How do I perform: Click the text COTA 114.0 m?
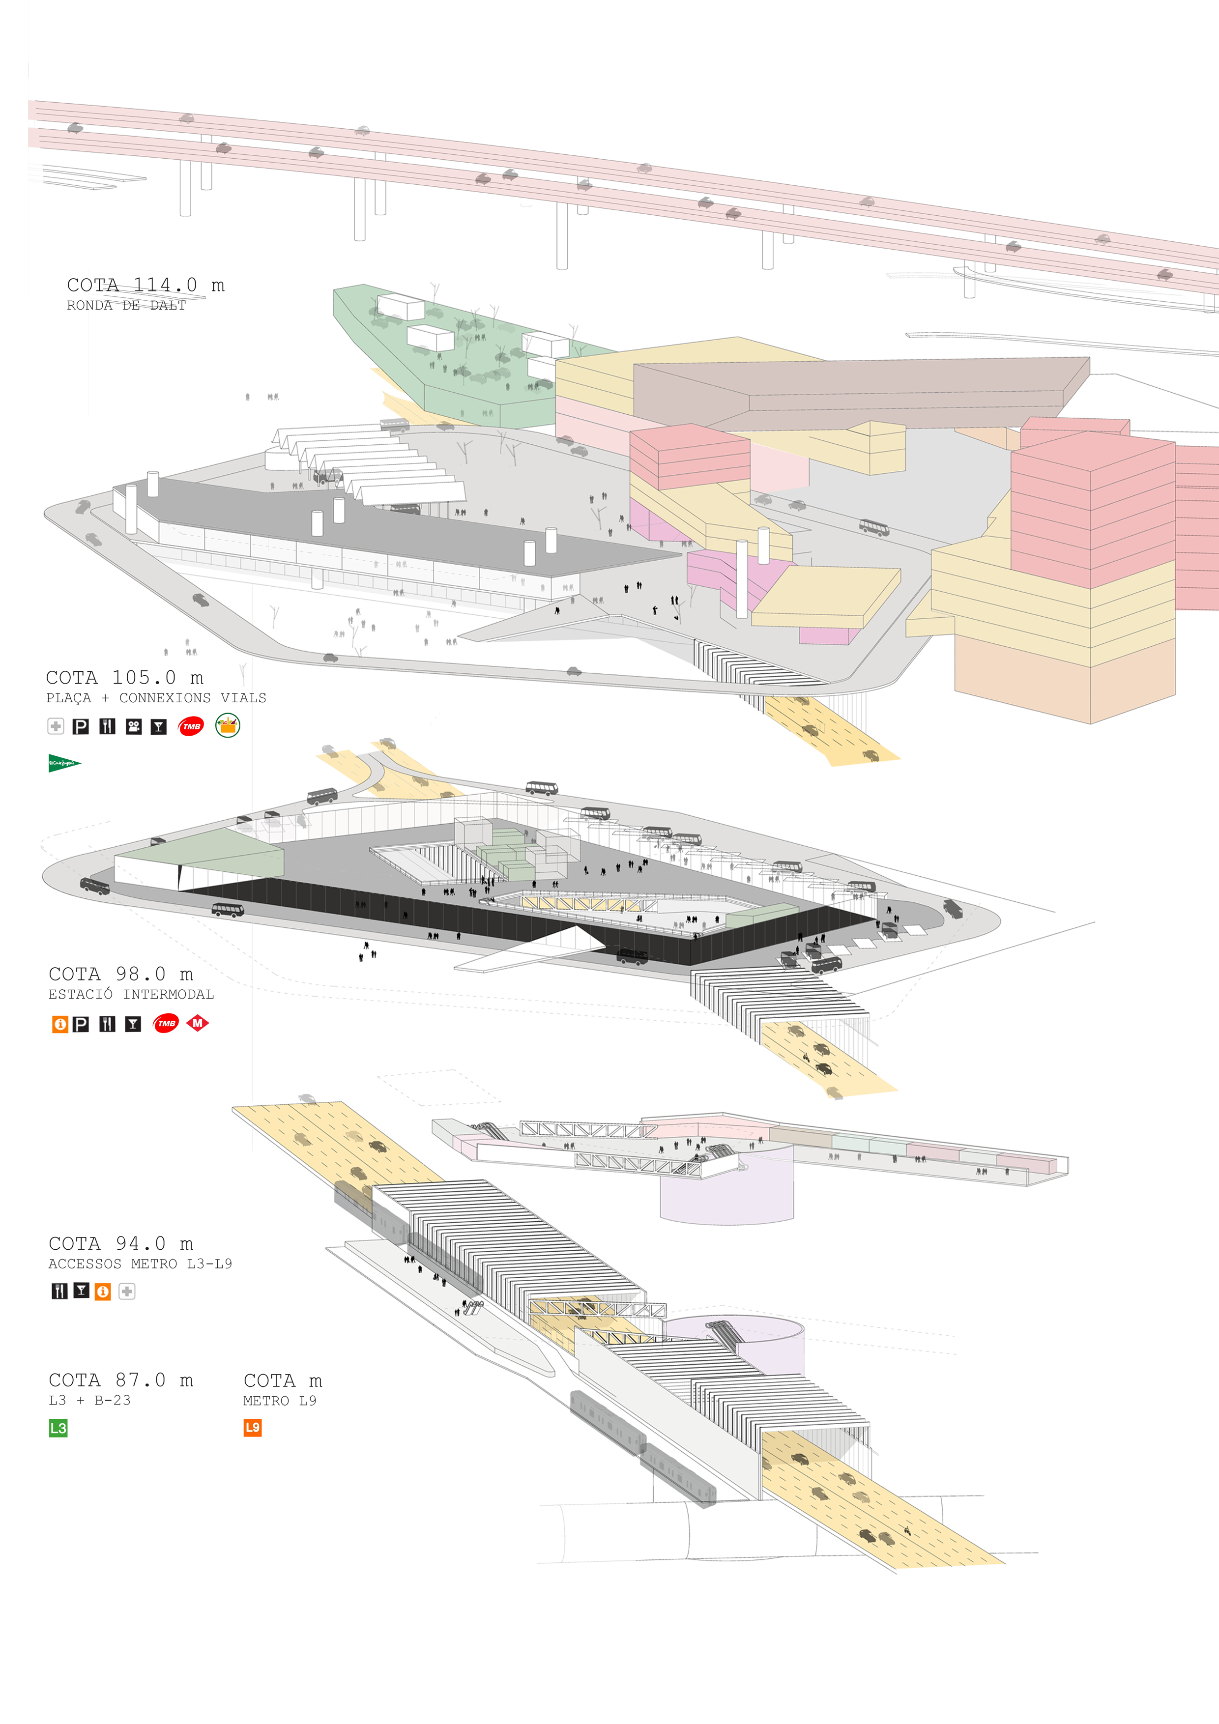(145, 286)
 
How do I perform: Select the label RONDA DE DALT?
(126, 306)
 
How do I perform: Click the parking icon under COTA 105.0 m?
(80, 726)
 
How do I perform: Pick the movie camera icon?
(134, 726)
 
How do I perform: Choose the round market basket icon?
(228, 725)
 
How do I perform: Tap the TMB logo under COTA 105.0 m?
(191, 726)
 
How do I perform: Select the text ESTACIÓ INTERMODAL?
(131, 994)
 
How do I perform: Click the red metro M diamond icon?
(198, 1023)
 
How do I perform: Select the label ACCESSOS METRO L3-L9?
(141, 1264)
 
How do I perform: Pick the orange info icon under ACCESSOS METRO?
(103, 1292)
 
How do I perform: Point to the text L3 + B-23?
(89, 1400)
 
